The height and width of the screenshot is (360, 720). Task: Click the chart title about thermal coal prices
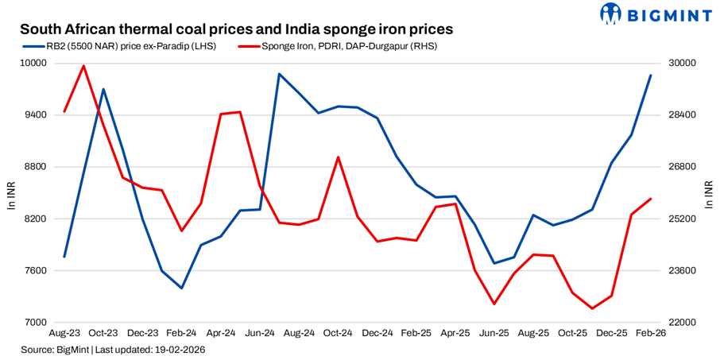[236, 29]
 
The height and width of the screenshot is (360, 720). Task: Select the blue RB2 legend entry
[119, 47]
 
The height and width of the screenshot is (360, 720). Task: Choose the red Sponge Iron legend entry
[338, 47]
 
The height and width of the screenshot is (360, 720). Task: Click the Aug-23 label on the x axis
[64, 335]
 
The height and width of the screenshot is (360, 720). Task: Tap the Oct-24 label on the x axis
[338, 335]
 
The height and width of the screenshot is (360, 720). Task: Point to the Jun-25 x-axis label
[494, 335]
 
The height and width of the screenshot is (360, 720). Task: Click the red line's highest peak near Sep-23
[84, 66]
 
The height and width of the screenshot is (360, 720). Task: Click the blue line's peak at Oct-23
[103, 89]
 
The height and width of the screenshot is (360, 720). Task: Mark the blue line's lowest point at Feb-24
[181, 288]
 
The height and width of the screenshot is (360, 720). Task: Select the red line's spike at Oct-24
[338, 157]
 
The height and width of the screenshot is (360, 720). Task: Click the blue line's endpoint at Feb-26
[651, 75]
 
